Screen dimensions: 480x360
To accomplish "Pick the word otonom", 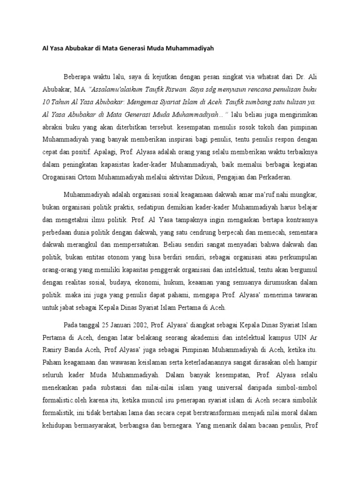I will coord(123,257).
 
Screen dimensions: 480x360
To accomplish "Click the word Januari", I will coord(104,325).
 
